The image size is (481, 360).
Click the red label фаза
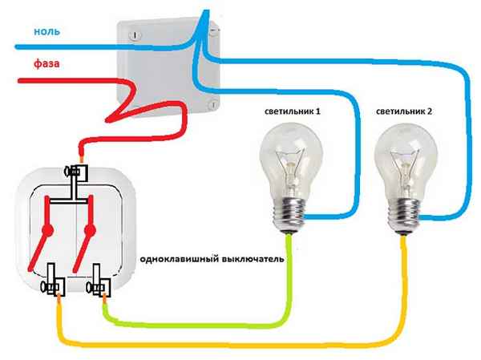pos(47,62)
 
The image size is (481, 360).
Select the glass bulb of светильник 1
pos(291,156)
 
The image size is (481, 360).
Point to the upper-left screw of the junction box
pos(134,34)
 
